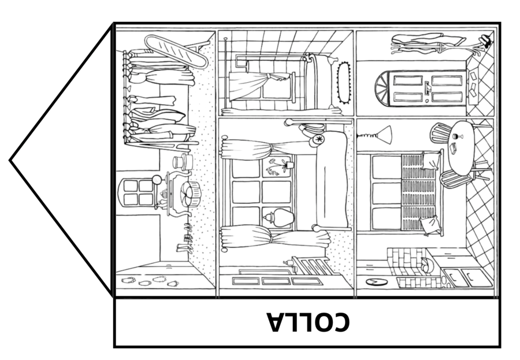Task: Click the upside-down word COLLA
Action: pos(309,322)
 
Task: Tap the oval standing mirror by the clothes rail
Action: pos(176,51)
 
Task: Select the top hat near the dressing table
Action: pos(183,162)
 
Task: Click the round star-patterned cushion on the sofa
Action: pos(319,140)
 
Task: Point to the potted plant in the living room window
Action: pos(278,166)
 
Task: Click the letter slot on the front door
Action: pos(427,88)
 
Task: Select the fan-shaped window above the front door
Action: pos(384,88)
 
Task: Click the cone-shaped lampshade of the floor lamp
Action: pos(385,135)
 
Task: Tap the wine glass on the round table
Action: pos(458,136)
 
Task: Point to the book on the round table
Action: pos(453,149)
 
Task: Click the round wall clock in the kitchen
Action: pos(377,283)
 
